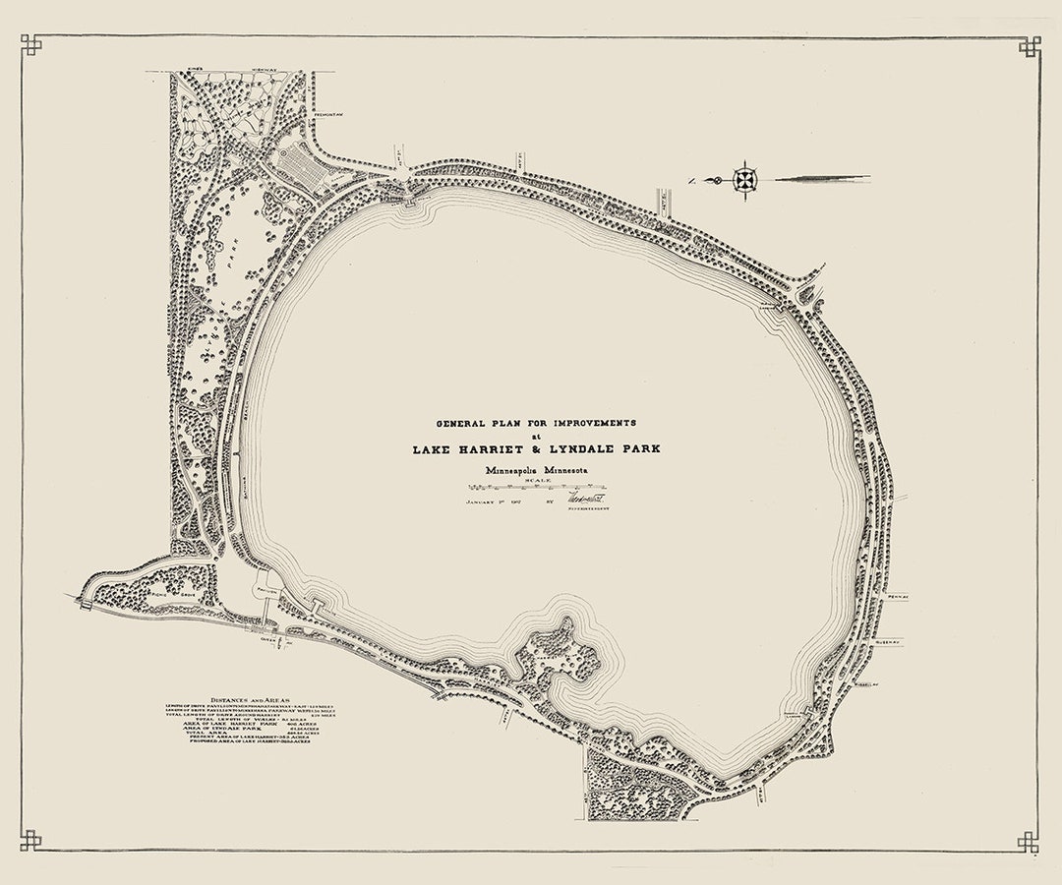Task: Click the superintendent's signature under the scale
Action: (x=581, y=500)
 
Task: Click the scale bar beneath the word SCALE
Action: (x=536, y=488)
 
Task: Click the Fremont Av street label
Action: (x=327, y=113)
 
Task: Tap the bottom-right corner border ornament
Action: (x=1030, y=842)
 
